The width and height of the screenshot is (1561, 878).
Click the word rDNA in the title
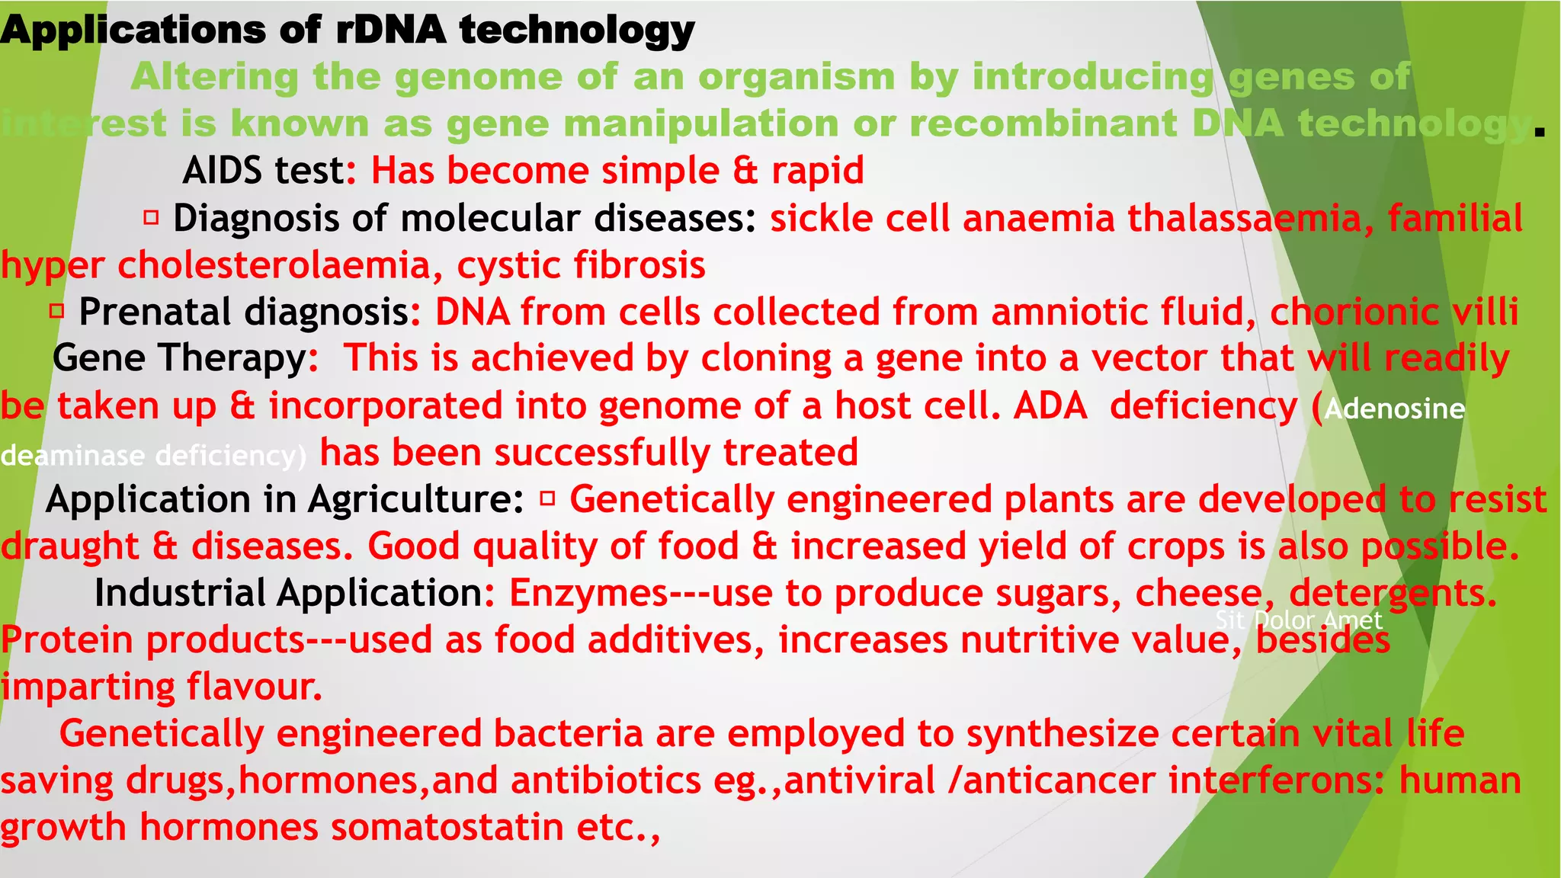tap(390, 30)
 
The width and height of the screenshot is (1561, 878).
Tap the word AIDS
tap(221, 171)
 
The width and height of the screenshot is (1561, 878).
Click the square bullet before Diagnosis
tap(151, 219)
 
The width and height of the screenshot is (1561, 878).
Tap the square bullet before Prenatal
tap(56, 312)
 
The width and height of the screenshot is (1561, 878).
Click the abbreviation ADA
tap(1050, 406)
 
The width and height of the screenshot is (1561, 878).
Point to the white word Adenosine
tap(1394, 409)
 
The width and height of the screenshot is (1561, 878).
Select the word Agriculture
tap(415, 500)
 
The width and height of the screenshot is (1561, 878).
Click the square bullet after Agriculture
tap(547, 499)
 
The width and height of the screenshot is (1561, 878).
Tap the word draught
tap(69, 547)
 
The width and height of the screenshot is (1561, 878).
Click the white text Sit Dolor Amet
tap(1298, 620)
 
